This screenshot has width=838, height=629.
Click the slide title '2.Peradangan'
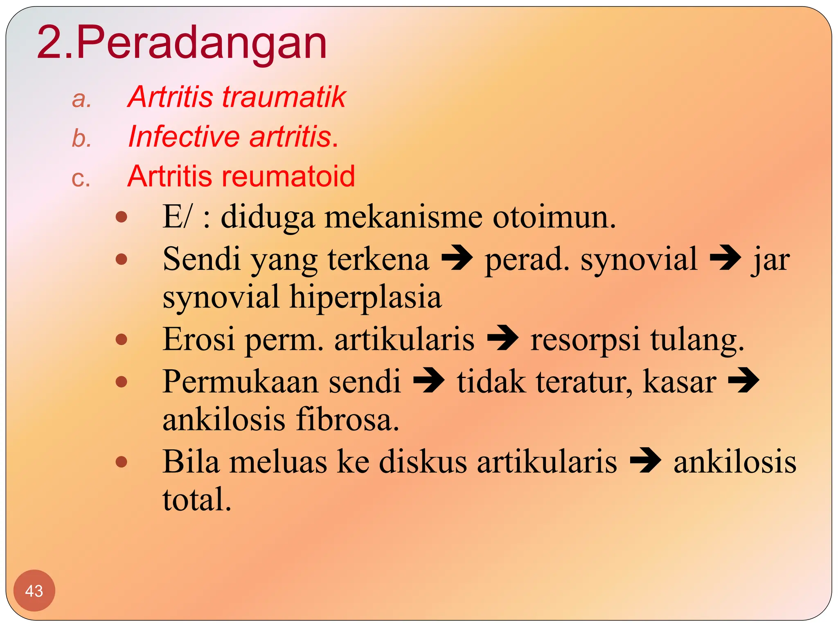[x=182, y=43]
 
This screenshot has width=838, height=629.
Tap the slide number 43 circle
[x=34, y=591]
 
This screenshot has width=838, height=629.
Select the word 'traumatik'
[x=284, y=97]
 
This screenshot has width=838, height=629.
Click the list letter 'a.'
[x=81, y=100]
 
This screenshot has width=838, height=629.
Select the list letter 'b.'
[x=81, y=138]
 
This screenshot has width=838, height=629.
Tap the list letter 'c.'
[x=81, y=179]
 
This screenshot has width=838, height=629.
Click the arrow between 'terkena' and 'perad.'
[x=457, y=258]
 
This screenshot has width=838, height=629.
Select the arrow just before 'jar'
[x=725, y=258]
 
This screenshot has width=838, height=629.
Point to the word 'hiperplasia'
[x=365, y=296]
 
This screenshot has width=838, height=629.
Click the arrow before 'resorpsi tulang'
[x=502, y=338]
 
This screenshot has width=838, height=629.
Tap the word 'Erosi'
[x=199, y=339]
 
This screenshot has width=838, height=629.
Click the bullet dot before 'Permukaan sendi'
[x=122, y=382]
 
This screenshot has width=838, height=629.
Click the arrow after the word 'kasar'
[x=743, y=380]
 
